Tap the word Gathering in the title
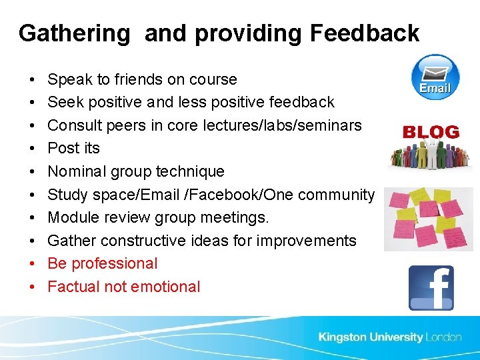75,33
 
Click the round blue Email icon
435,77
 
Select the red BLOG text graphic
431,132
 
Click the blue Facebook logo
431,287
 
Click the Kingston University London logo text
389,337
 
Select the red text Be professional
103,263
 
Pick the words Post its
73,148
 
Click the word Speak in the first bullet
70,79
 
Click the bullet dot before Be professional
33,264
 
